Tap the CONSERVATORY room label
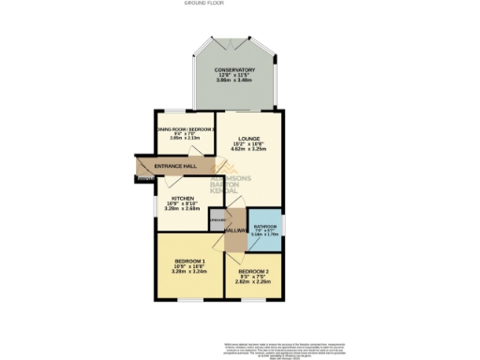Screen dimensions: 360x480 tap(233, 70)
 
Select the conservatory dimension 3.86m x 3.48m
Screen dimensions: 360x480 tap(233, 82)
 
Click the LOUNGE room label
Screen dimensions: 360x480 tap(248, 138)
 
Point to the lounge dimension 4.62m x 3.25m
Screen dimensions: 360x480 tap(248, 149)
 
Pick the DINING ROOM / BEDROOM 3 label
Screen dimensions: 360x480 tap(187, 128)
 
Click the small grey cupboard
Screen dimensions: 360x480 tap(216, 220)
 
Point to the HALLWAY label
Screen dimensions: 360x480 tap(234, 230)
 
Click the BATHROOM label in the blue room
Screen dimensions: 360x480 tap(264, 226)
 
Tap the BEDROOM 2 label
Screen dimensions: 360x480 tap(253, 271)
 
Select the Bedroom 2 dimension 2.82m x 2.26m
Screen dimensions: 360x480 tap(253, 282)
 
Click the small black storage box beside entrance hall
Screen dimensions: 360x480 tap(143, 178)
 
